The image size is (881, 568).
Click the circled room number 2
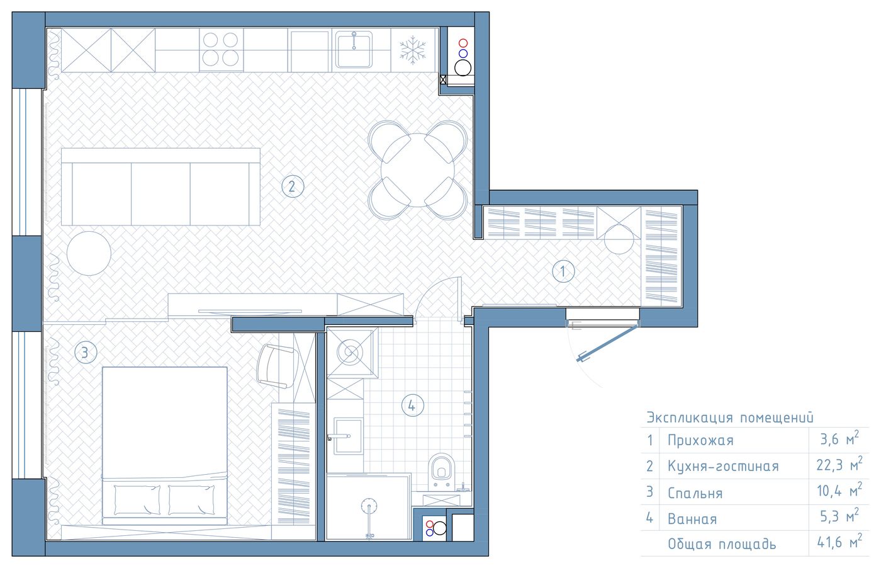(x=293, y=186)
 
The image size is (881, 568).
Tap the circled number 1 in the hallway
(x=563, y=271)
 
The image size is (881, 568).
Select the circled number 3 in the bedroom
(x=86, y=352)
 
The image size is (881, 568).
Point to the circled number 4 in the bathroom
(x=413, y=405)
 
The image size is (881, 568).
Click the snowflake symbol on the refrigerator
(x=413, y=50)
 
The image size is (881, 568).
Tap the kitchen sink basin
(x=354, y=50)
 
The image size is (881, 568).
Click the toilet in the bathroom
(x=441, y=471)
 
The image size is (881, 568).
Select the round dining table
(x=418, y=170)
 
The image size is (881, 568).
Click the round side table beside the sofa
(x=89, y=253)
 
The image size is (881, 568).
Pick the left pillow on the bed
(x=137, y=499)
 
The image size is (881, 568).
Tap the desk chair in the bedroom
(x=276, y=366)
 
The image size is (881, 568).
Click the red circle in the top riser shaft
(x=463, y=43)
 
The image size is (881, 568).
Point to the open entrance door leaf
(x=607, y=343)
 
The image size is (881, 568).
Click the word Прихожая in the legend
(x=700, y=440)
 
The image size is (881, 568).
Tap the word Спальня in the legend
(x=695, y=493)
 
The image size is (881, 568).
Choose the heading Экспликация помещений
(x=730, y=417)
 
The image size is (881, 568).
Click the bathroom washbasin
(x=348, y=436)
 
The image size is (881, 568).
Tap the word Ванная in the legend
(x=692, y=519)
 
